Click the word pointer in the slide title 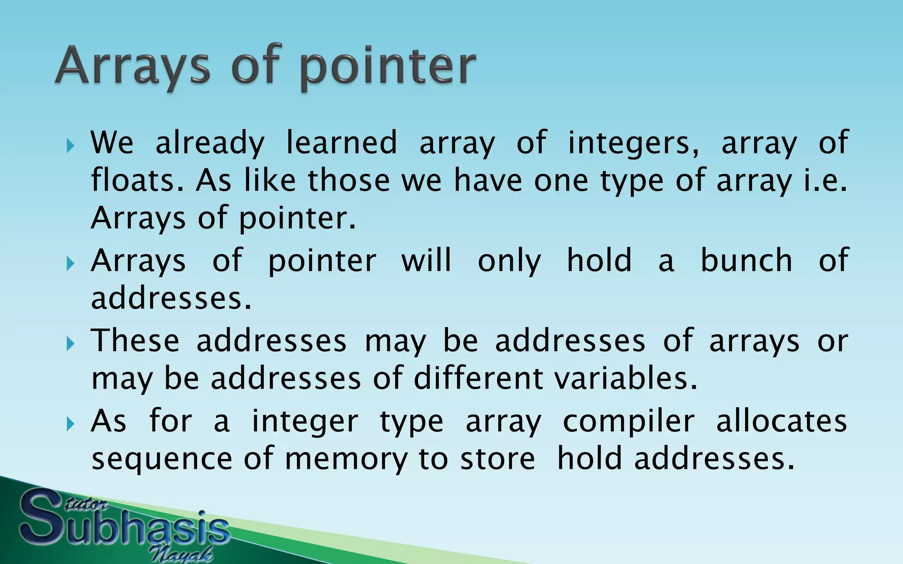[388, 67]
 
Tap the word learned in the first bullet [342, 143]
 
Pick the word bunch [746, 260]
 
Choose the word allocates [781, 421]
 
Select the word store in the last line [497, 459]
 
